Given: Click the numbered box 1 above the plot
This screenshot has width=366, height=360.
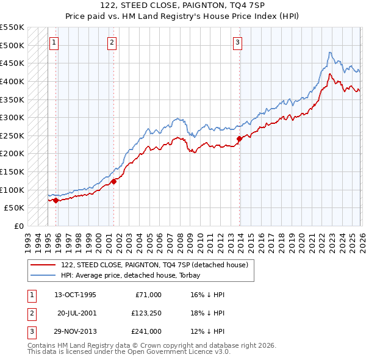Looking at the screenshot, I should [54, 42].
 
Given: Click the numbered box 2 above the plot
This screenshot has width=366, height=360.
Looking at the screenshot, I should [112, 42].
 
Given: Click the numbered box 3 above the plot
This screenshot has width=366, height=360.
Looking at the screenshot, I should [237, 42].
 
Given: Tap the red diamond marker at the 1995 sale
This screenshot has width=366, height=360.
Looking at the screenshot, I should [56, 200].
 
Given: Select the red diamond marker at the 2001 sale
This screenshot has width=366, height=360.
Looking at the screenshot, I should [113, 181].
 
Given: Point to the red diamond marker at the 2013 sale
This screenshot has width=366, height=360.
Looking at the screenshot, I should [239, 139].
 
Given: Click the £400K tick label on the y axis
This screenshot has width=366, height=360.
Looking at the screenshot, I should [12, 81].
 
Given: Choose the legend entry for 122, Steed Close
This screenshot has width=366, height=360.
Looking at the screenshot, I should [154, 265].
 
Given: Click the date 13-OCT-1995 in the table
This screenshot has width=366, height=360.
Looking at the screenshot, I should [75, 295].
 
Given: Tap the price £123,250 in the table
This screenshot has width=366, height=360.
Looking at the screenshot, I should [146, 313].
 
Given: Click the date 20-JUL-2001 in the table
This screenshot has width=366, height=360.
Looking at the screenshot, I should [76, 313].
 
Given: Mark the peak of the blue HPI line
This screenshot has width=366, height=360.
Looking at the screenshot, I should [329, 52].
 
